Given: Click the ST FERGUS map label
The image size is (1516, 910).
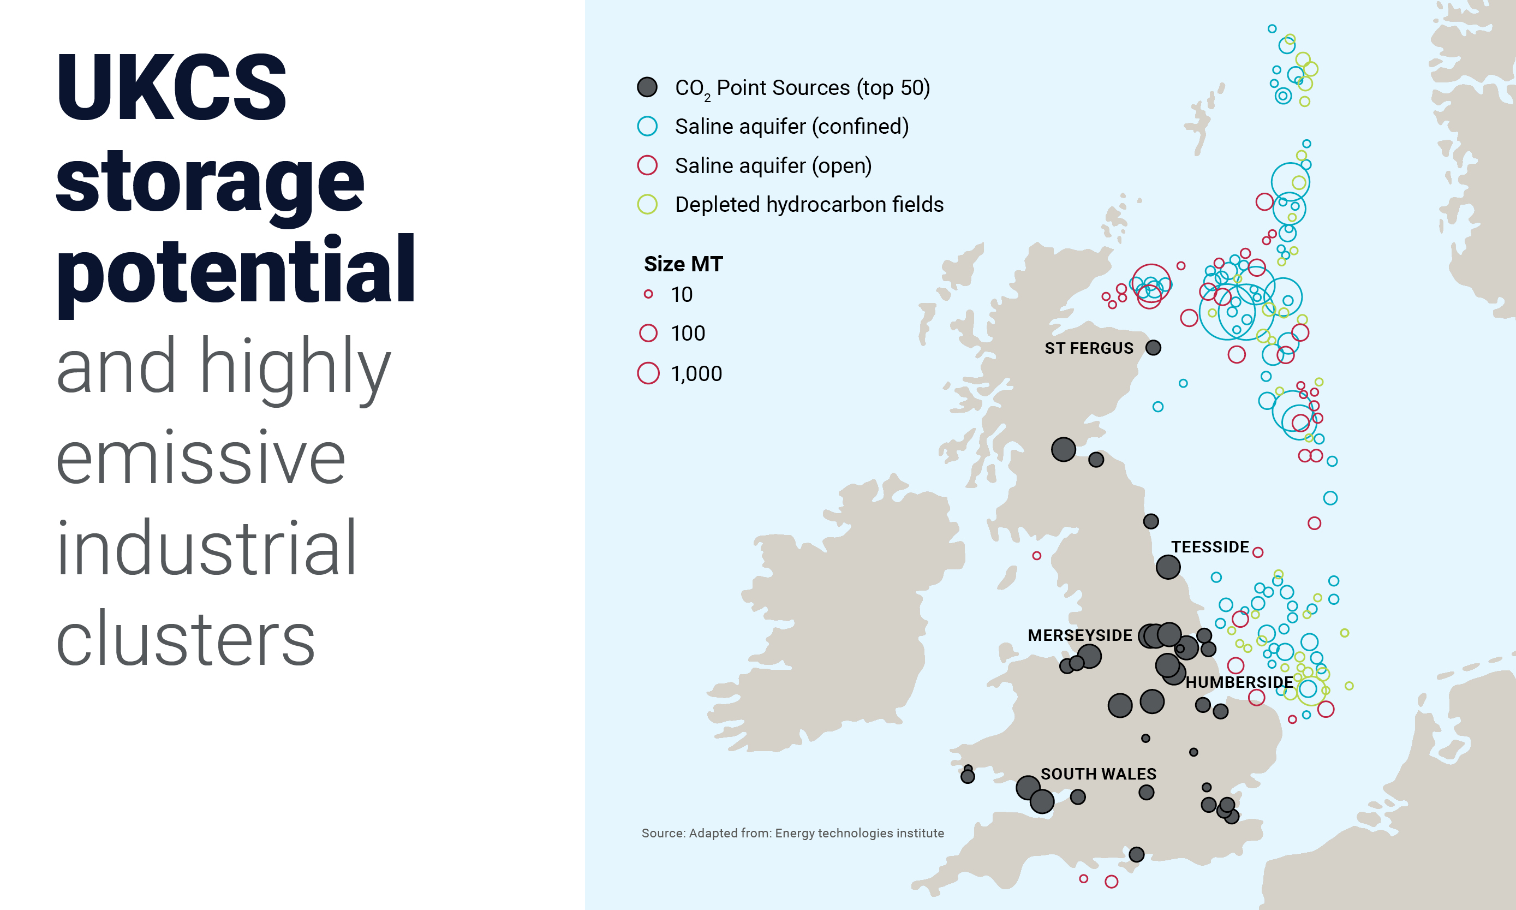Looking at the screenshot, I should (x=1089, y=348).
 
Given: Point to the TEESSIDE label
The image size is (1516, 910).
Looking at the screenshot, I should (x=1209, y=547).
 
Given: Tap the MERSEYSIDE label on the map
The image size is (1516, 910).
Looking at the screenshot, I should (x=1079, y=635).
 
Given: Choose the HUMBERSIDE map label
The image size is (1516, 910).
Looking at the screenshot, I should (x=1239, y=682).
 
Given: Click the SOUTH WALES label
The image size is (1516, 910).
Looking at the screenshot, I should (x=1098, y=774).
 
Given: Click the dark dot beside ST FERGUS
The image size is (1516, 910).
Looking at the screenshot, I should (x=1153, y=348).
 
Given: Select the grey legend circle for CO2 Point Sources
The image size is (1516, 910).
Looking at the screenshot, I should (x=647, y=88).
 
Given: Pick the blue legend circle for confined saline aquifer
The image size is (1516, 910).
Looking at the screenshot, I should (x=647, y=126).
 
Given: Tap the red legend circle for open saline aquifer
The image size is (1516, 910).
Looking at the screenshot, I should (x=647, y=165).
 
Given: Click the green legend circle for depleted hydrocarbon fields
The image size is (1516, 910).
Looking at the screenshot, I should (x=647, y=204).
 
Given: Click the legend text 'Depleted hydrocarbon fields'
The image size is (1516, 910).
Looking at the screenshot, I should (x=809, y=204).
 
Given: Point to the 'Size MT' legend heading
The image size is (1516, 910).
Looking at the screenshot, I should (x=683, y=264).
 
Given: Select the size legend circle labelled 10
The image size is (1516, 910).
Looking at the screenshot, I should (x=648, y=294).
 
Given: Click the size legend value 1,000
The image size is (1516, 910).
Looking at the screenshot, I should (x=696, y=373).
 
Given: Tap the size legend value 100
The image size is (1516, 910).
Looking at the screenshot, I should (x=688, y=334).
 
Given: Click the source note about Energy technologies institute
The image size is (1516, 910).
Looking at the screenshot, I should (x=792, y=832).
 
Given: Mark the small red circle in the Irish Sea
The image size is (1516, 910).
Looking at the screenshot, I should (x=1037, y=556).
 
